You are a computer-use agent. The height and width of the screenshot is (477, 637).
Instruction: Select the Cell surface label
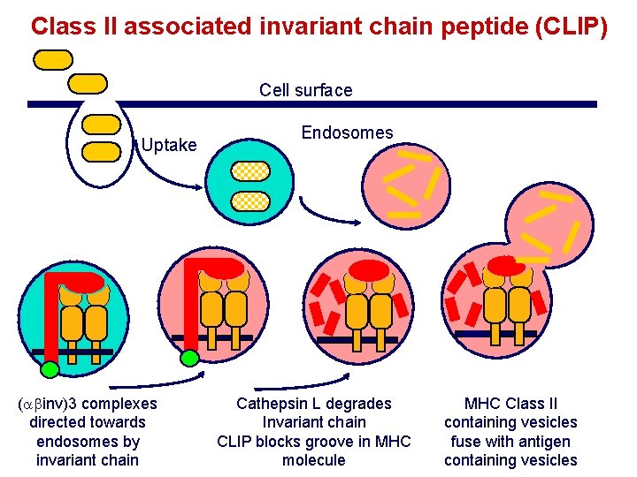tap(305, 90)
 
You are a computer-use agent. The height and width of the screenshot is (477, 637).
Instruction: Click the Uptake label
tap(169, 145)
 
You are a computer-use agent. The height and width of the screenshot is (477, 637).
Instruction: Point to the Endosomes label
tap(347, 132)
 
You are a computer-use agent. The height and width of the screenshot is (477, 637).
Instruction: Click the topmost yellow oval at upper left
tap(53, 59)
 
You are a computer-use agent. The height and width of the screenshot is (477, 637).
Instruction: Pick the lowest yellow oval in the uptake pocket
tap(100, 151)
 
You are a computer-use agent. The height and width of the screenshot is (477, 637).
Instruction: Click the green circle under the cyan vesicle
tap(50, 369)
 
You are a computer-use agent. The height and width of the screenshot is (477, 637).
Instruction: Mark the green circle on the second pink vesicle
tap(189, 358)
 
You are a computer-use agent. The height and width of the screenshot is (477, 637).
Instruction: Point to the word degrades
tap(361, 404)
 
